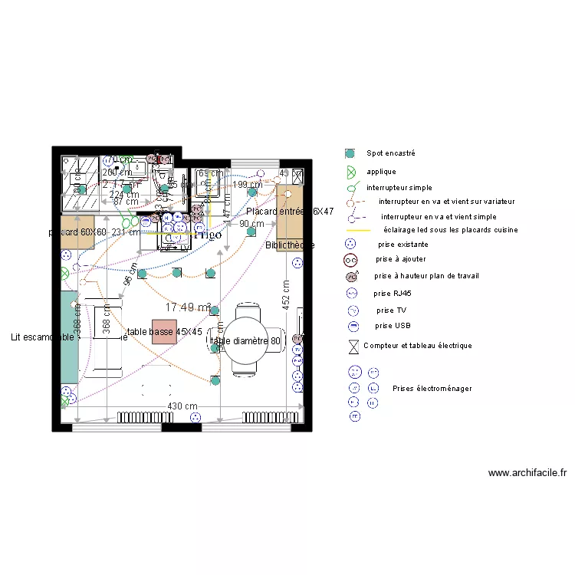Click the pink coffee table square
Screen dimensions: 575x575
coord(164,331)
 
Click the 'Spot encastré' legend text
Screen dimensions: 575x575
coord(390,153)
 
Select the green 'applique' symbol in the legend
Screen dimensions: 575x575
coord(352,172)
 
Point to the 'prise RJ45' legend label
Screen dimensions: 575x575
coord(392,294)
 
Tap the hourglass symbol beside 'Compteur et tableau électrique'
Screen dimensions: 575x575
coord(353,347)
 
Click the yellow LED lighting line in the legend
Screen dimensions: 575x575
coord(357,230)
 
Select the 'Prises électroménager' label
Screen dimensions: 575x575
coord(432,389)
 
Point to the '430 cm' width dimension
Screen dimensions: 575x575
coord(182,406)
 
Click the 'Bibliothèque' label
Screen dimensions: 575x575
coord(289,245)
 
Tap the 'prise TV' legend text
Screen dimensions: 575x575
coord(392,310)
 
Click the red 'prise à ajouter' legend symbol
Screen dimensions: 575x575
coord(352,260)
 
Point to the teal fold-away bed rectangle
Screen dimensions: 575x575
coord(70,338)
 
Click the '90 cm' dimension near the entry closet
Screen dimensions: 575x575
coord(251,224)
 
